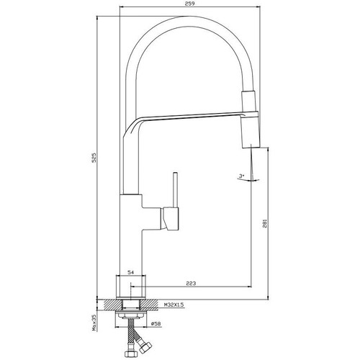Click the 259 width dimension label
(x=191, y=4)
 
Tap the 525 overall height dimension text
(x=94, y=158)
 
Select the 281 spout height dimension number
(x=265, y=223)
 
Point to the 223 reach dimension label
(x=191, y=283)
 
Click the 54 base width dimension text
(x=130, y=272)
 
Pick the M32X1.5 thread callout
(x=174, y=305)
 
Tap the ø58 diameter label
(x=156, y=324)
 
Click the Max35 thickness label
(x=94, y=323)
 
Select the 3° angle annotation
(x=241, y=176)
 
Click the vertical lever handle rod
(x=176, y=189)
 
